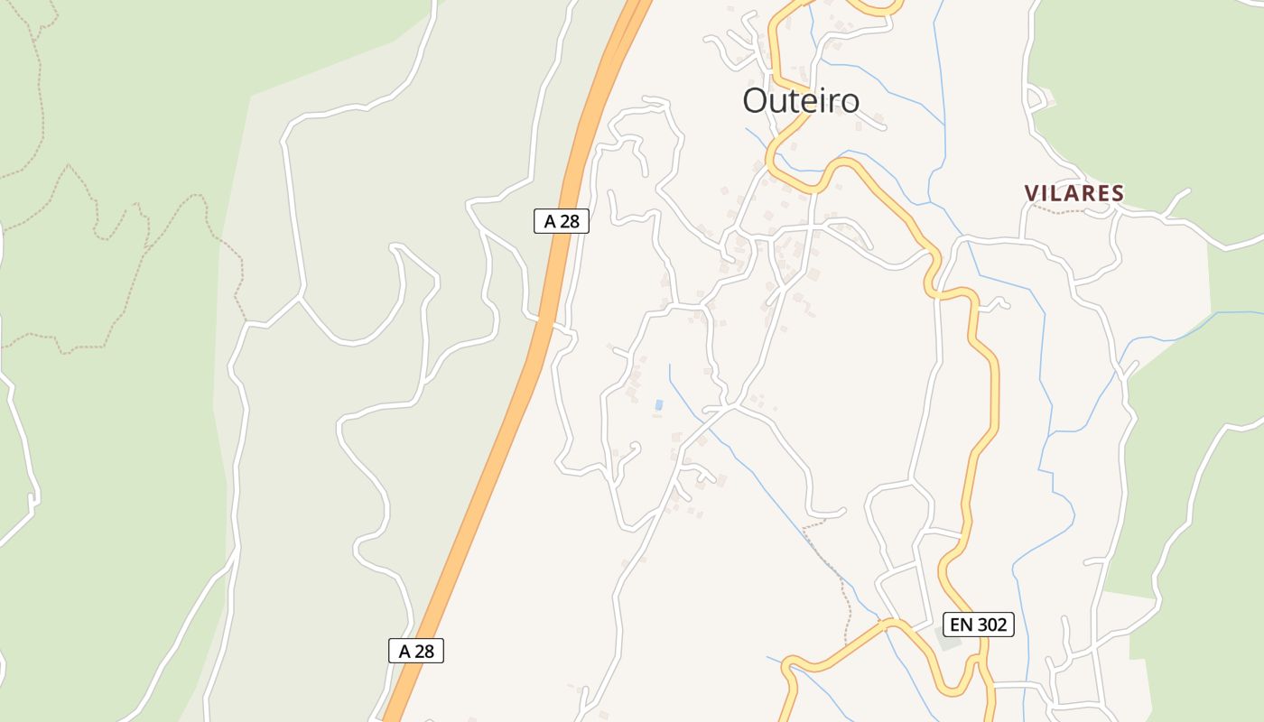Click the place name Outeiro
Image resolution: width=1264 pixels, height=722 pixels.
[x=801, y=100]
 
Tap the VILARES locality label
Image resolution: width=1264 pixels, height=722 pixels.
[x=1074, y=193]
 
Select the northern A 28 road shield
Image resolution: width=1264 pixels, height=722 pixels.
[x=562, y=221]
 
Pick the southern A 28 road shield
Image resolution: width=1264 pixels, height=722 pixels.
[x=416, y=651]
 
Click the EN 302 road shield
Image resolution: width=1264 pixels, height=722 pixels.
[x=979, y=624]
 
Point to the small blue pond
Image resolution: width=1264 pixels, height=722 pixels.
[x=659, y=405]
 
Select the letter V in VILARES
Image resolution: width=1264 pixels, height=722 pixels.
[x=1031, y=193]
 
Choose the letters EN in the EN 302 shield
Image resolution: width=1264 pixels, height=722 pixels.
[x=960, y=624]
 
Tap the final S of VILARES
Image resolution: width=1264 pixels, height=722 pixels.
[x=1118, y=193]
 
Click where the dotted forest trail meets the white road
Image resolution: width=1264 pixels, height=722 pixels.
[x=246, y=320]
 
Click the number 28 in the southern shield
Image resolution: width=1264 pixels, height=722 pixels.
[x=425, y=651]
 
